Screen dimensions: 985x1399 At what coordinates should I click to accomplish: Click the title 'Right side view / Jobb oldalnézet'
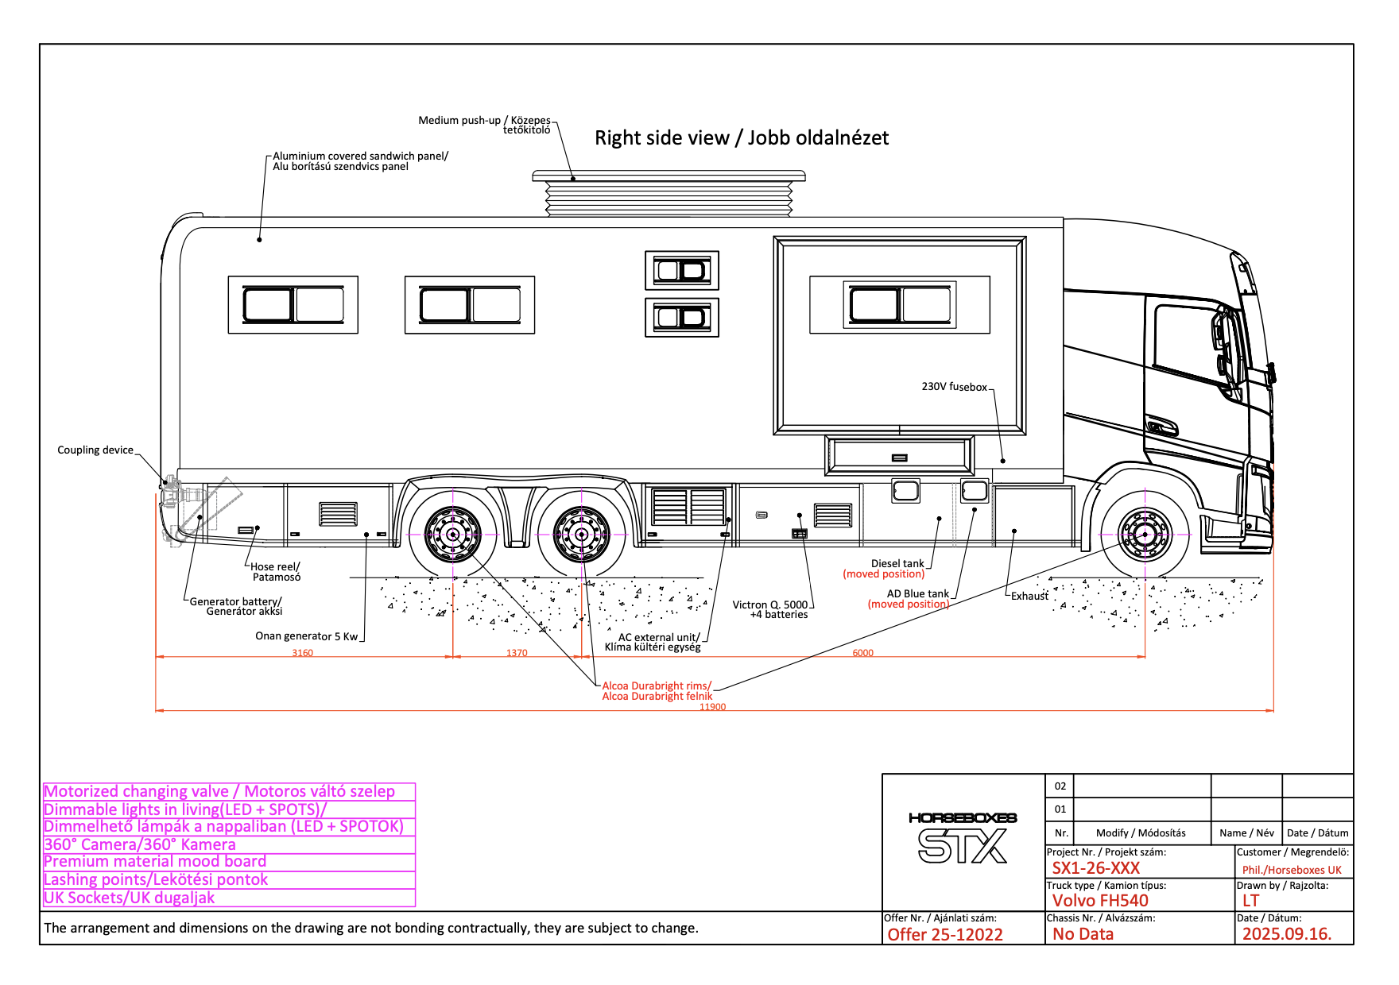coord(741,138)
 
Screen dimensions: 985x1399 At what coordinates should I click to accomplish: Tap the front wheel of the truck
coord(1145,535)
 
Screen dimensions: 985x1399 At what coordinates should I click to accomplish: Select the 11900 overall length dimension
coord(712,706)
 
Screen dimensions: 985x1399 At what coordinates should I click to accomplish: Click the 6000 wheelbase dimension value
coord(862,653)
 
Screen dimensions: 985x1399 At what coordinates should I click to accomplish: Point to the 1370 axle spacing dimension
coord(517,653)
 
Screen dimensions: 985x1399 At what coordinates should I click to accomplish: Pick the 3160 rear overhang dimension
coord(302,653)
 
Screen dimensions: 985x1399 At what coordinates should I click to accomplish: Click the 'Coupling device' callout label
coord(95,450)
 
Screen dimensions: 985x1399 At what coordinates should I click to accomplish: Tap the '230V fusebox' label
coord(954,387)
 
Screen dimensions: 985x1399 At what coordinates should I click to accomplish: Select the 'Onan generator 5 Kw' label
coord(306,636)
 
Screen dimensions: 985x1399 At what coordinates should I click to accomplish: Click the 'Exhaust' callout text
coord(1029,597)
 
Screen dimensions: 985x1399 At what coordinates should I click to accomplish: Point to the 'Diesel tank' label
coord(897,563)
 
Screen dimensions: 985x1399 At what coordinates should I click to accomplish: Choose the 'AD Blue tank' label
coord(917,593)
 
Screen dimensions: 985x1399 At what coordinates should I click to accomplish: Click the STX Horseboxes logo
coord(963,839)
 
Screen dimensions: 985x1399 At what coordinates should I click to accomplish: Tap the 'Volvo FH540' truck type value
coord(1100,901)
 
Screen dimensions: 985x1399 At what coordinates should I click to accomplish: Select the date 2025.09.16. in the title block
coord(1286,934)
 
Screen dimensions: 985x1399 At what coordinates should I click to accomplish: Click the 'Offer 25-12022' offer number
coord(945,935)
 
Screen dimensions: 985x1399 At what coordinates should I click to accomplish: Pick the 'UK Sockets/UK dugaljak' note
coord(130,898)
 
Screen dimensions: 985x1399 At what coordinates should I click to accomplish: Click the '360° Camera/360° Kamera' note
coord(140,844)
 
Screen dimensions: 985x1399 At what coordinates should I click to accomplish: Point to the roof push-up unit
coord(668,193)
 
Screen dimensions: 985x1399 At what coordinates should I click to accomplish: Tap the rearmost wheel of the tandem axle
coord(453,535)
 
